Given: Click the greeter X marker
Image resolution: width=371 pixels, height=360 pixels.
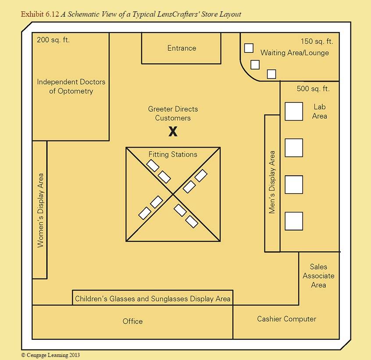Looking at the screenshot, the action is (173, 131).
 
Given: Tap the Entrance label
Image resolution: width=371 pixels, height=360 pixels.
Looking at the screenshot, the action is (182, 48).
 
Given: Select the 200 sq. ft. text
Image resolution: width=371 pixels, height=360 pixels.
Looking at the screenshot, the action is (53, 40).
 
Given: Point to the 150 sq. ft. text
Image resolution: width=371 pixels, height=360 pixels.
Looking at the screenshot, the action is (317, 42).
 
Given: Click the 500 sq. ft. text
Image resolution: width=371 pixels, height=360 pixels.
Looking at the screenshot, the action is (313, 89).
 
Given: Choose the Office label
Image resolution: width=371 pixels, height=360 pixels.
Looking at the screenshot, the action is (132, 321).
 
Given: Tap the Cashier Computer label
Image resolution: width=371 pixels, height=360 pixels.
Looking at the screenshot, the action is (286, 319).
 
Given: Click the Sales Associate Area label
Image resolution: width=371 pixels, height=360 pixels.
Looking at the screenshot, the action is (318, 275).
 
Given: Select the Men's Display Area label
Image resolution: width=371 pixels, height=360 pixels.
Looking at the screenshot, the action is (272, 182).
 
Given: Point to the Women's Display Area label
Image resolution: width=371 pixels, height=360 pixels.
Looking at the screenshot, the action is (40, 210).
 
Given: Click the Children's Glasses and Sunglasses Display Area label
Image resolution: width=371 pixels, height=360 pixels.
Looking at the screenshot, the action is (153, 299).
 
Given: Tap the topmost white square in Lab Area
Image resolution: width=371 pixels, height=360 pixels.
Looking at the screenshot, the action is (294, 112).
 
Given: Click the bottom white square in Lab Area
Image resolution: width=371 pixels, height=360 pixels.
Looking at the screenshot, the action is (294, 221).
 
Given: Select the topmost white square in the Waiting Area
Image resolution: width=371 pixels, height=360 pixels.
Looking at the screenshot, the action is (249, 48).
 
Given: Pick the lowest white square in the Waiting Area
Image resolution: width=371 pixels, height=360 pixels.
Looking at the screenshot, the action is (271, 74).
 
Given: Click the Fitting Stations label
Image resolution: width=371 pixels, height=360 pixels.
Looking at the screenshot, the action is (173, 155).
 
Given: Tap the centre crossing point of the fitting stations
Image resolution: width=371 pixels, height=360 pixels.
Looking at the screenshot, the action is (173, 194).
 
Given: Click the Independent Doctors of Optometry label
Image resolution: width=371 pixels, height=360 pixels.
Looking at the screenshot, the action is (71, 86).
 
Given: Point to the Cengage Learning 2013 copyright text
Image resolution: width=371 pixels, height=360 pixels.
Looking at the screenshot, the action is (50, 355).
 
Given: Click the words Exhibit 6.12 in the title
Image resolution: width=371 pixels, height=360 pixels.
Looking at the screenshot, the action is (40, 14).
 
